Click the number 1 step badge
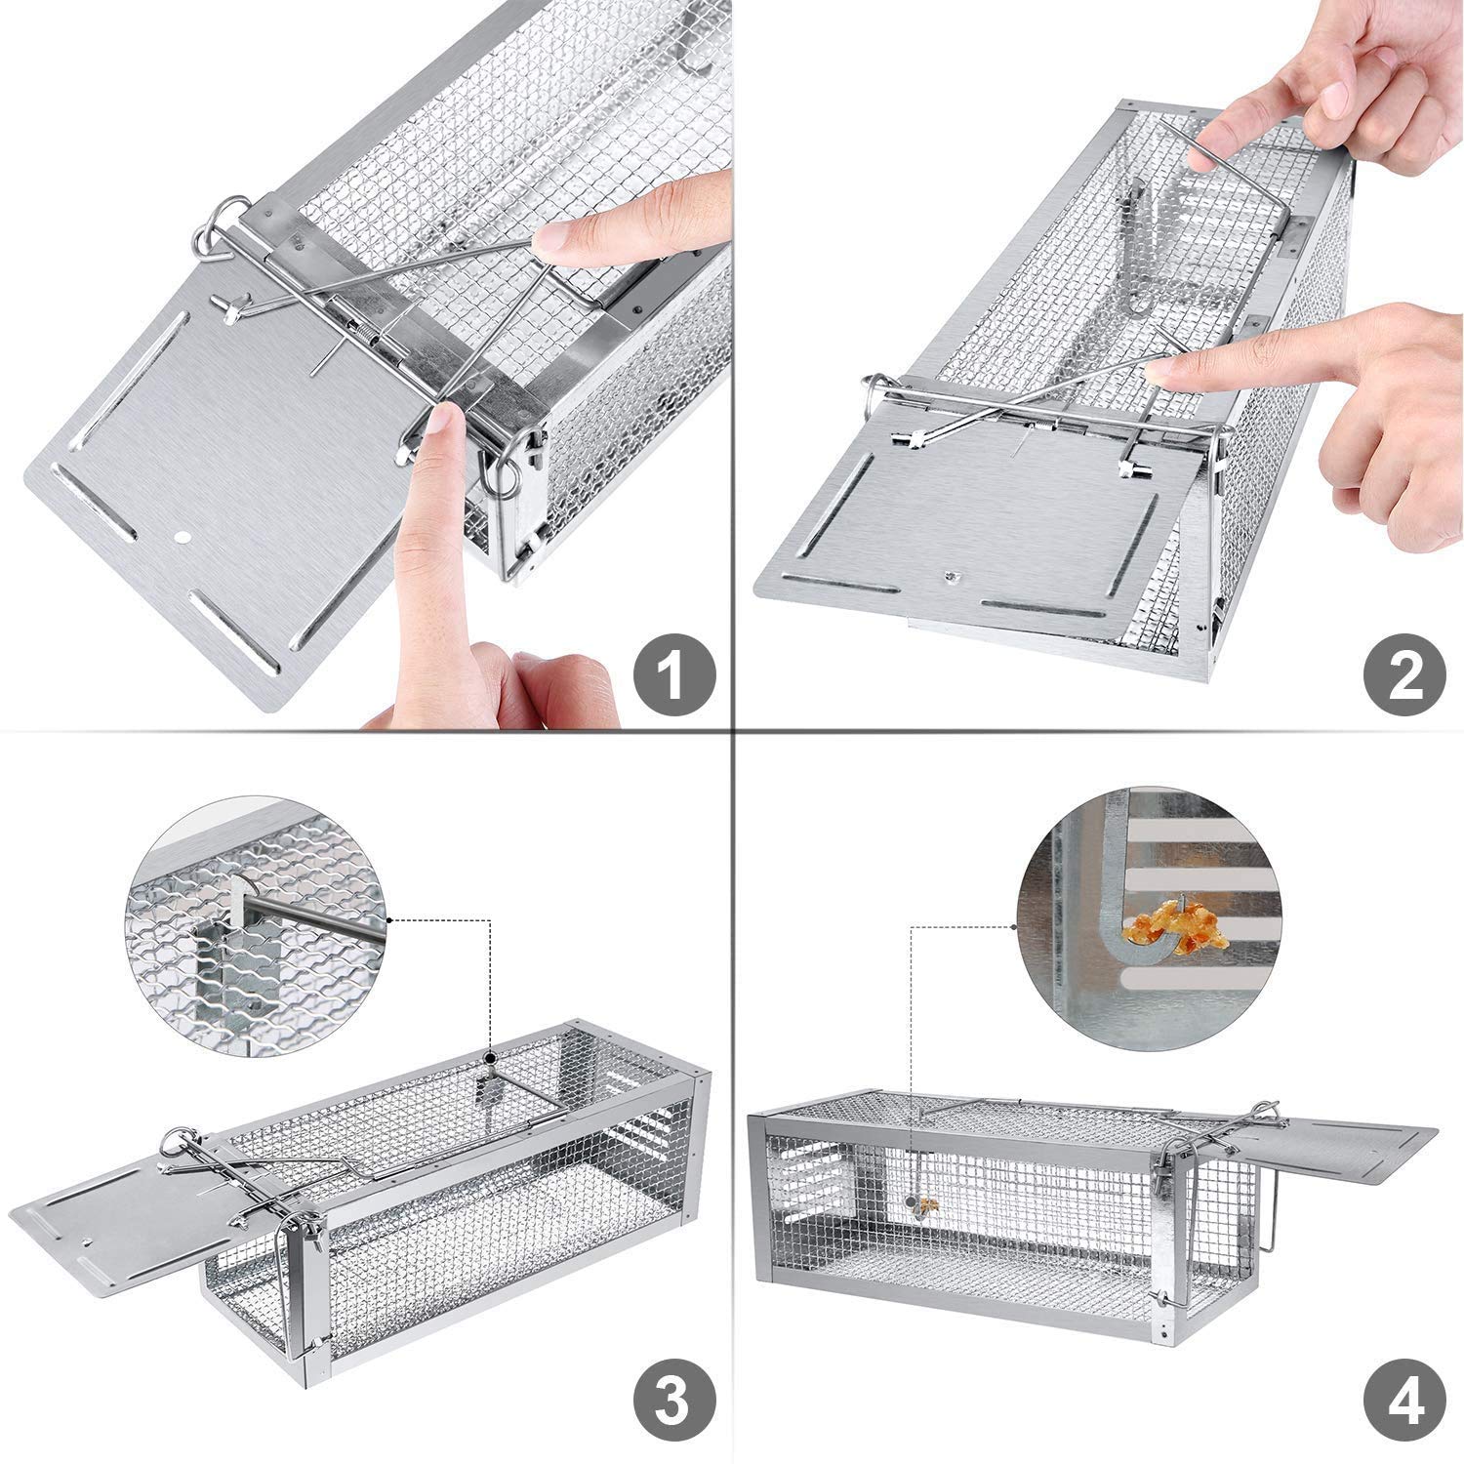(x=672, y=675)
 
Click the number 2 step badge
(x=1404, y=675)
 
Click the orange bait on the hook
(x=1166, y=927)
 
